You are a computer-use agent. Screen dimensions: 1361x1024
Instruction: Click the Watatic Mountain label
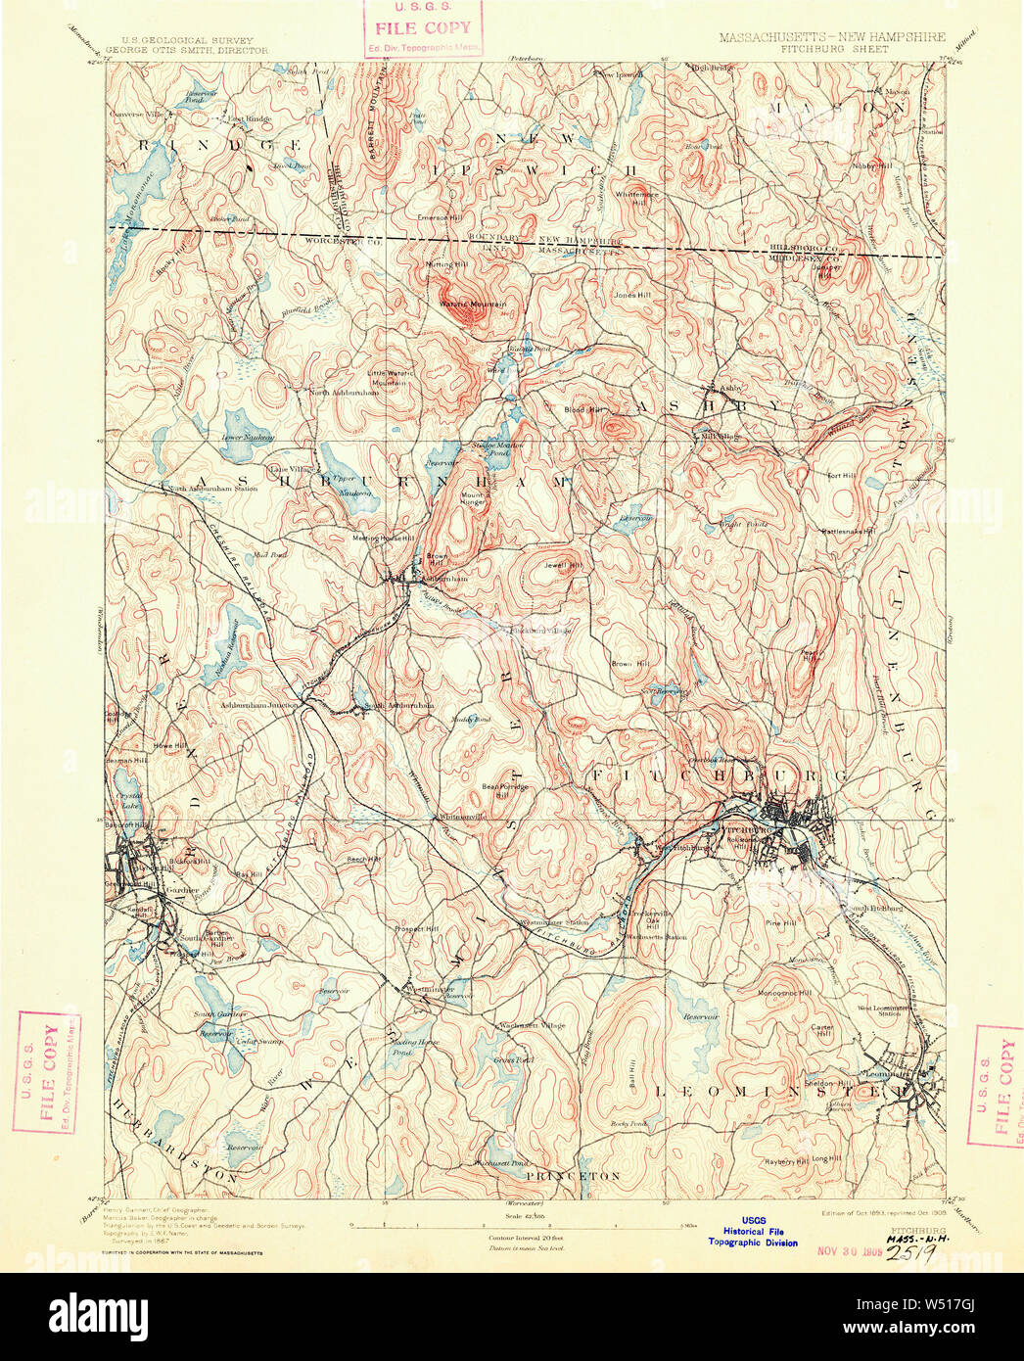pyautogui.click(x=472, y=305)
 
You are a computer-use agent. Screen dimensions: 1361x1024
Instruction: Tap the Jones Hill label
pyautogui.click(x=631, y=295)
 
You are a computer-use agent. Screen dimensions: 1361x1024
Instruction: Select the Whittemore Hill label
pyautogui.click(x=636, y=198)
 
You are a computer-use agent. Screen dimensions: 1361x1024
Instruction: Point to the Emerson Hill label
pyautogui.click(x=438, y=217)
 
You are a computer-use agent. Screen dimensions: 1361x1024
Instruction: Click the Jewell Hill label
pyautogui.click(x=563, y=565)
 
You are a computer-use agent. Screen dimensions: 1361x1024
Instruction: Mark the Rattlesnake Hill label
pyautogui.click(x=848, y=532)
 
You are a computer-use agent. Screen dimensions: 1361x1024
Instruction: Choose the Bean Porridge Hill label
pyautogui.click(x=505, y=790)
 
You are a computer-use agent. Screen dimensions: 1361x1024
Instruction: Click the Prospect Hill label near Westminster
pyautogui.click(x=416, y=928)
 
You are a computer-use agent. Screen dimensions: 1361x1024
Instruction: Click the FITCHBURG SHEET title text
pyautogui.click(x=834, y=48)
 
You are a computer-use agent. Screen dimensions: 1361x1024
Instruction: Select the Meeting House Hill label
pyautogui.click(x=384, y=538)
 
